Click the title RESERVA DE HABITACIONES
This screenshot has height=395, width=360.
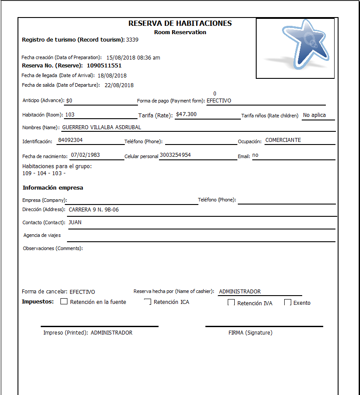(x=180, y=24)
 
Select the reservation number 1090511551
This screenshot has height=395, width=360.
(x=104, y=66)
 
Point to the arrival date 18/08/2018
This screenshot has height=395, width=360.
(x=112, y=75)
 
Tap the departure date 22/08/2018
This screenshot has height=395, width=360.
(x=119, y=85)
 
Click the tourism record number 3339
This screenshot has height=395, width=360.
(x=132, y=40)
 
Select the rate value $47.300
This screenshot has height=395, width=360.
(x=186, y=114)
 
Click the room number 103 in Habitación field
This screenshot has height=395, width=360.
(x=70, y=115)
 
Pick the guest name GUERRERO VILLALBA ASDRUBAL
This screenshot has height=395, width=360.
(x=102, y=127)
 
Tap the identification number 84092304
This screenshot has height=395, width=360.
(x=71, y=141)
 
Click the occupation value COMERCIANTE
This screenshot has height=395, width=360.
(x=283, y=141)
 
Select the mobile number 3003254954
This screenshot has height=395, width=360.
(x=175, y=155)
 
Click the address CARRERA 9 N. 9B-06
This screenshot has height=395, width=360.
(x=94, y=210)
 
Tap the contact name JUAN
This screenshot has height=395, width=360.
(x=75, y=222)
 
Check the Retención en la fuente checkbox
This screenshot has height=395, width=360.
(x=64, y=302)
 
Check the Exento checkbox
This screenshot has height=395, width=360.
(x=288, y=303)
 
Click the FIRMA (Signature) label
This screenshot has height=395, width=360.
(x=250, y=333)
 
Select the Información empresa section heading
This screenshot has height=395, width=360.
(x=53, y=188)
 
